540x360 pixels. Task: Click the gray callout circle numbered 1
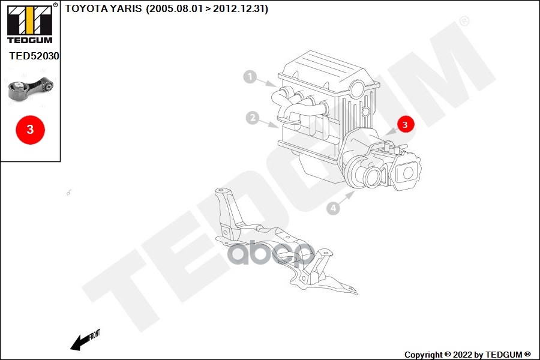coord(250,76)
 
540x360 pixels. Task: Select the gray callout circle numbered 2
coord(253,118)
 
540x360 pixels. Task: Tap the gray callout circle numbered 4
coord(333,208)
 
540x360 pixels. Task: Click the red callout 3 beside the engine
coord(405,124)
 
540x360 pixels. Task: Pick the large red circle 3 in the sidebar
coord(31,130)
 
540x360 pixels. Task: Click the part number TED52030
coord(34,56)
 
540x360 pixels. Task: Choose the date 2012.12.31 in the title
coord(239,8)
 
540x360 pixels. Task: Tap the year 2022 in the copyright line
coord(463,355)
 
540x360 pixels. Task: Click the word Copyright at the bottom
coord(423,355)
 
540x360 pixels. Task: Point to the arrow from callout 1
coord(266,82)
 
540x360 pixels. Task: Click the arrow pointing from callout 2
coord(269,124)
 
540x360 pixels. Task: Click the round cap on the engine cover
coord(358,89)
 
